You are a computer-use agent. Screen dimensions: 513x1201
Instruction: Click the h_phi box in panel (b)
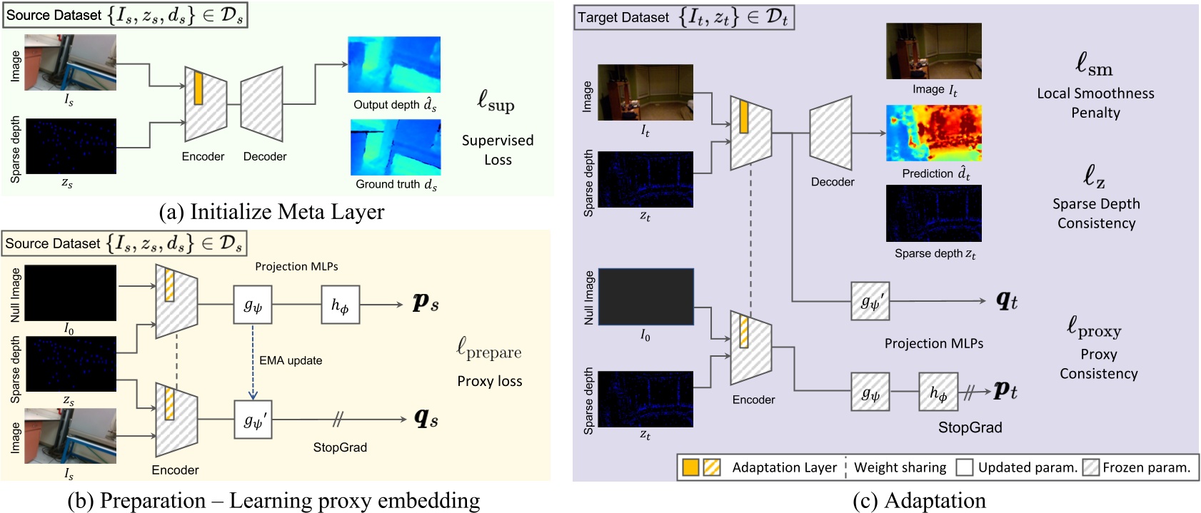coord(340,305)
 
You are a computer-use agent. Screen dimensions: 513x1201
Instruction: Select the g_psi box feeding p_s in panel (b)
coord(253,305)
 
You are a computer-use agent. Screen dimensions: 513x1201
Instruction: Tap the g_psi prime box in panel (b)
coord(253,420)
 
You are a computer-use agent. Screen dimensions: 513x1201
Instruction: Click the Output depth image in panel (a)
coord(394,65)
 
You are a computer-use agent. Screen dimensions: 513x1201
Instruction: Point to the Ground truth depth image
coord(396,147)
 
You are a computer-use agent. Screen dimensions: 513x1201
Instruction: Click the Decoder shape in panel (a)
coord(262,104)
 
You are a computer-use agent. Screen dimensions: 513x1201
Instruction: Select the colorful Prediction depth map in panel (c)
coord(933,133)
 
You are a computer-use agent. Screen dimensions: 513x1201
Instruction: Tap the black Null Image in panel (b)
coord(71,293)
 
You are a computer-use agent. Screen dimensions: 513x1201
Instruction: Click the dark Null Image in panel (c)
coord(645,297)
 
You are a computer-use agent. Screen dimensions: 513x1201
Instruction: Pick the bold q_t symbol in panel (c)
coord(1007,301)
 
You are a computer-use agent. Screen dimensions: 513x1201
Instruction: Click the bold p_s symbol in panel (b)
coord(426,303)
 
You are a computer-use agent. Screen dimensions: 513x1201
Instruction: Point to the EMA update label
coord(291,360)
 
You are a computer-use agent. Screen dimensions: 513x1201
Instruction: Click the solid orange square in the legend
coord(690,467)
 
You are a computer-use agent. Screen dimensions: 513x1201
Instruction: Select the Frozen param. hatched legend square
coord(1090,467)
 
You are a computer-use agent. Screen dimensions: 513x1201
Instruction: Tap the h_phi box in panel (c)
coord(938,392)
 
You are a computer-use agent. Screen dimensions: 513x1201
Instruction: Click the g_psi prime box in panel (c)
coord(870,301)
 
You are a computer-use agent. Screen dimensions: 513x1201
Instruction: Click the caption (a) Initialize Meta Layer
coord(271,212)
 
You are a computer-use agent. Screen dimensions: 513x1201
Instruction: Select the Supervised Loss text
coord(498,150)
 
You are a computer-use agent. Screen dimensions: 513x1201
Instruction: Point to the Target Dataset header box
coord(683,17)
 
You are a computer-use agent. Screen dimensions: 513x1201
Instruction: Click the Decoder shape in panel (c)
coord(831,133)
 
